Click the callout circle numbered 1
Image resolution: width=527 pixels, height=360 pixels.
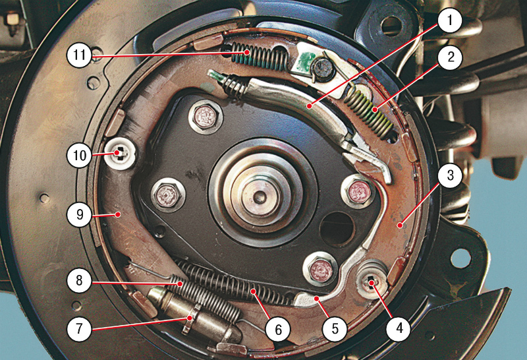point(450,20)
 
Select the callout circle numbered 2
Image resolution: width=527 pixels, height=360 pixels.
point(450,57)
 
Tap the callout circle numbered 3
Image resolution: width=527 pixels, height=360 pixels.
point(450,175)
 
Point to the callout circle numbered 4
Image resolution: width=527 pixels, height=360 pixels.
point(399,328)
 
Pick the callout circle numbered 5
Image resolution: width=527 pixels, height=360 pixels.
point(335,329)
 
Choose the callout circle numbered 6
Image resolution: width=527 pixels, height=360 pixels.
point(278,329)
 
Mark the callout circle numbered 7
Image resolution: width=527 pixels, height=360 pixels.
point(79,328)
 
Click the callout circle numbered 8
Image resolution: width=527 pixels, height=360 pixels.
point(79,280)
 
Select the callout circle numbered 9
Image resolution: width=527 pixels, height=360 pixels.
point(79,214)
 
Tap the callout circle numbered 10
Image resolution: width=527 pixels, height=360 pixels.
point(79,156)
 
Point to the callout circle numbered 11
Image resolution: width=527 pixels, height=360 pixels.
point(79,54)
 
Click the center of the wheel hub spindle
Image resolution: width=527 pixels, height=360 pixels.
point(259,196)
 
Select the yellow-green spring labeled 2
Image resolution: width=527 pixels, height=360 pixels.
point(368,111)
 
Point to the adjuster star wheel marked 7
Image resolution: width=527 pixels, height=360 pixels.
point(190,318)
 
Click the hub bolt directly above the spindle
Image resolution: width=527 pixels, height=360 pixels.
point(206,117)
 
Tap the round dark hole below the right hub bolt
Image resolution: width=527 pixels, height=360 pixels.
point(337,228)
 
